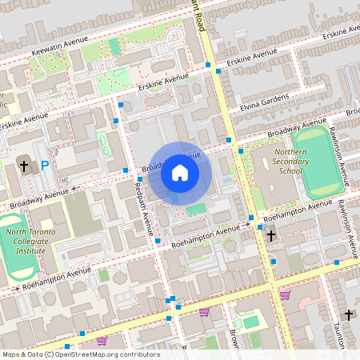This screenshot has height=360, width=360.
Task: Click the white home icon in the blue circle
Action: pyautogui.click(x=180, y=173)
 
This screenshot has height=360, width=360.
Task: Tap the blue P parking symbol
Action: pyautogui.click(x=45, y=166)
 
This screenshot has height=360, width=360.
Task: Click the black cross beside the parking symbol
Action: pyautogui.click(x=24, y=166)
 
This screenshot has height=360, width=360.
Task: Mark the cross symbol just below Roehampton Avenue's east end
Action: pyautogui.click(x=272, y=235)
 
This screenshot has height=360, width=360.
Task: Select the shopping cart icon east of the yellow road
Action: pyautogui.click(x=285, y=295)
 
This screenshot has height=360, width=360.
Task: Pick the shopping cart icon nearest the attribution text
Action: pyautogui.click(x=102, y=340)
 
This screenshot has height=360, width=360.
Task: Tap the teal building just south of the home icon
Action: pyautogui.click(x=195, y=209)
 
